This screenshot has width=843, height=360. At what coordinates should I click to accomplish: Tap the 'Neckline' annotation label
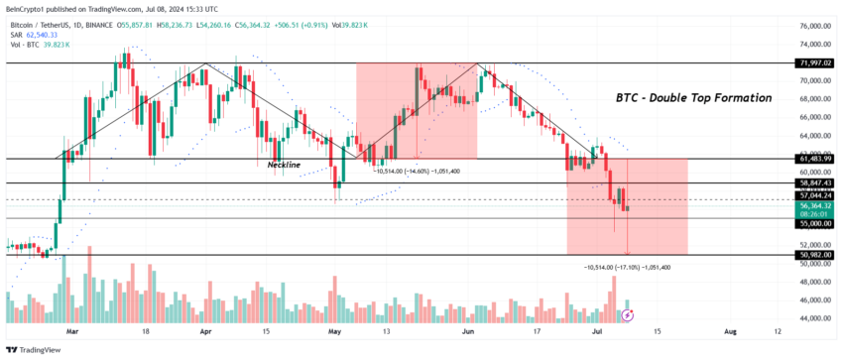[x=284, y=165]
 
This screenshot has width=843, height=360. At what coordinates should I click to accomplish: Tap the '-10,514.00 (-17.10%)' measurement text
[x=627, y=268]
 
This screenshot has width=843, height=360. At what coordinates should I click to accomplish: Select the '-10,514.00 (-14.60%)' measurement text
[x=417, y=172]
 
